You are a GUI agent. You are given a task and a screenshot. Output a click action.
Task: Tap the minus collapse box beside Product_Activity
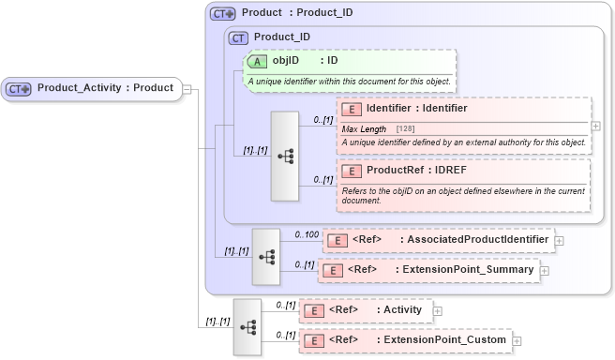[x=187, y=89]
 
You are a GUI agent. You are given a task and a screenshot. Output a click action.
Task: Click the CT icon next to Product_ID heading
[x=239, y=37]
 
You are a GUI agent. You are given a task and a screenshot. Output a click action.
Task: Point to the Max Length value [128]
[x=406, y=128]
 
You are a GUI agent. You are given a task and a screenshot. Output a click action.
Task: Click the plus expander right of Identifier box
[x=596, y=125]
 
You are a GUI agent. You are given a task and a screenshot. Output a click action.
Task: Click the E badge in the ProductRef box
[x=352, y=171]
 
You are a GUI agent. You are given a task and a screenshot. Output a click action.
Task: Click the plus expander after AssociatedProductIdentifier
[x=560, y=240]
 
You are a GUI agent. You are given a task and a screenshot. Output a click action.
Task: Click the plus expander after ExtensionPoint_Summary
[x=545, y=270]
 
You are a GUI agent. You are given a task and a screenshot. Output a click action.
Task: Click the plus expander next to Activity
[x=438, y=310]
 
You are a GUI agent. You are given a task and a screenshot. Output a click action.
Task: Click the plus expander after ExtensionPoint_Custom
[x=517, y=340]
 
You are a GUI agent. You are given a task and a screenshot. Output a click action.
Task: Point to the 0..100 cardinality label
[x=307, y=233]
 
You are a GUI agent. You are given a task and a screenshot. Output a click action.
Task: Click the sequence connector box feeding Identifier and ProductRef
[x=284, y=156]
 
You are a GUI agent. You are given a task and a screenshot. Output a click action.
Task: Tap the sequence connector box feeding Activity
[x=247, y=326]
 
